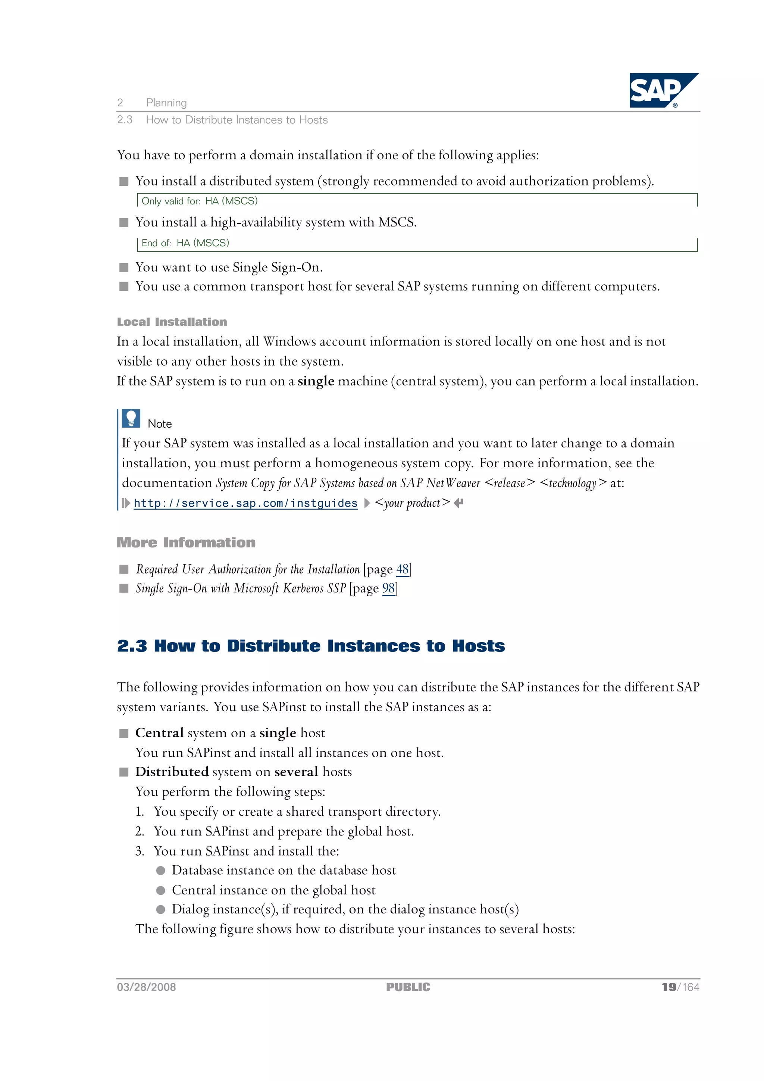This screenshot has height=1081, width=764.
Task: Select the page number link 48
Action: (x=402, y=569)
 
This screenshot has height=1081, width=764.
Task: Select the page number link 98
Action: (x=388, y=588)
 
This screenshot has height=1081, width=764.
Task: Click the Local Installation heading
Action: (x=172, y=322)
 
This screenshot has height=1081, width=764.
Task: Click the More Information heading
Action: (x=186, y=543)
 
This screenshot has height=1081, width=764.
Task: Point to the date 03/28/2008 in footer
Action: (x=146, y=987)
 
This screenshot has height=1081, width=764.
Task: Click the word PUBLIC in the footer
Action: (x=408, y=987)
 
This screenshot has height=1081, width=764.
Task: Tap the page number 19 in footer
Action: (x=668, y=987)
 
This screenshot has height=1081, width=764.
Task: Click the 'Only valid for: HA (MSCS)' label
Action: (x=200, y=201)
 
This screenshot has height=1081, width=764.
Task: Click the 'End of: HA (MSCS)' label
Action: (x=185, y=243)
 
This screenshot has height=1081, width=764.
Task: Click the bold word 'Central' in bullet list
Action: (x=159, y=733)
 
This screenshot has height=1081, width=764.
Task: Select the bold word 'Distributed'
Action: (x=172, y=772)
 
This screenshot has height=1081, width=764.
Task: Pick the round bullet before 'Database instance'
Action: (x=160, y=871)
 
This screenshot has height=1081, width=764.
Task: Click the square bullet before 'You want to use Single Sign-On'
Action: (x=124, y=268)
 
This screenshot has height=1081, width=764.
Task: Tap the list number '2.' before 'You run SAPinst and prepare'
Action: (x=140, y=831)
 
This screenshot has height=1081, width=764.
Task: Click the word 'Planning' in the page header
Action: (x=166, y=103)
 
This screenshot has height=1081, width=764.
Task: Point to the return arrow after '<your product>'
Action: (x=458, y=503)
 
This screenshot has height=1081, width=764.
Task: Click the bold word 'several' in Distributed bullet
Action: (x=296, y=772)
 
